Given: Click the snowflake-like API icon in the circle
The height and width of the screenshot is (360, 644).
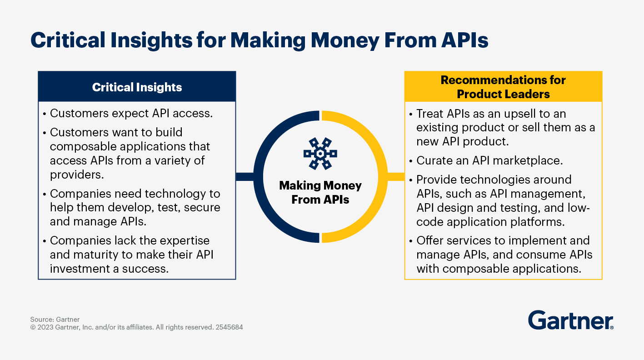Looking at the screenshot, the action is click(x=320, y=154).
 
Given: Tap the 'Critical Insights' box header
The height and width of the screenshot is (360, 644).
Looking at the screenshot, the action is click(x=137, y=86).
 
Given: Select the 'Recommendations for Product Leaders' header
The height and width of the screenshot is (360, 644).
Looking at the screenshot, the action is click(x=503, y=86).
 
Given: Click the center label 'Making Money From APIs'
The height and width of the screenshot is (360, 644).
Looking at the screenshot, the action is click(x=320, y=192).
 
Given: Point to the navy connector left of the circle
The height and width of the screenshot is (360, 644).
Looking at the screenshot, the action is click(x=245, y=176).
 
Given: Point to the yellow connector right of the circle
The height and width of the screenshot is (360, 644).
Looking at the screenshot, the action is click(x=396, y=176).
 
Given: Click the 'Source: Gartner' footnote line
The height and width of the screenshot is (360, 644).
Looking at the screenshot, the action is click(x=55, y=319).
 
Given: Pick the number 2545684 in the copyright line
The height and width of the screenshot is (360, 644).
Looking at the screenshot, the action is click(x=229, y=327).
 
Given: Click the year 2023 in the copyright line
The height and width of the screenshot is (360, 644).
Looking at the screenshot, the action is click(x=45, y=327).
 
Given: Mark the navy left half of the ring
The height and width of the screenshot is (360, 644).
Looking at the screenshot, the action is click(x=258, y=176).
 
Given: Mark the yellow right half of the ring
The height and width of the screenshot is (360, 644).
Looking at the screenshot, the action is click(x=383, y=176).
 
